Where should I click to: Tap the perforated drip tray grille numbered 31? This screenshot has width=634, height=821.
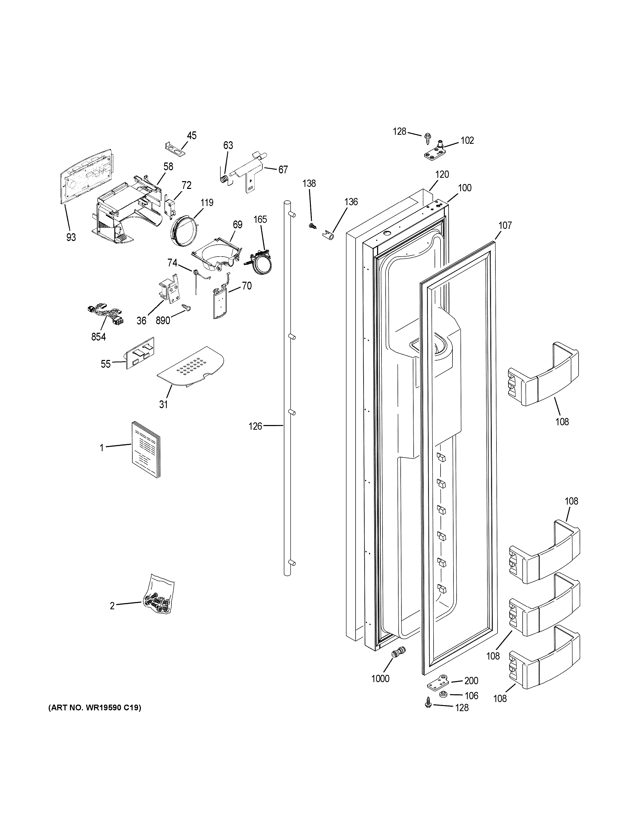191,366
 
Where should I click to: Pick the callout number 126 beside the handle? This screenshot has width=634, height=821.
255,426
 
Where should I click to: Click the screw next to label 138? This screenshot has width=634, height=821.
311,225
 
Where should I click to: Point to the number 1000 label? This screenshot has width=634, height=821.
380,678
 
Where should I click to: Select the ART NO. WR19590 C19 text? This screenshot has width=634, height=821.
95,708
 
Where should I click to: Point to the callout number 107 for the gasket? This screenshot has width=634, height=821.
505,225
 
